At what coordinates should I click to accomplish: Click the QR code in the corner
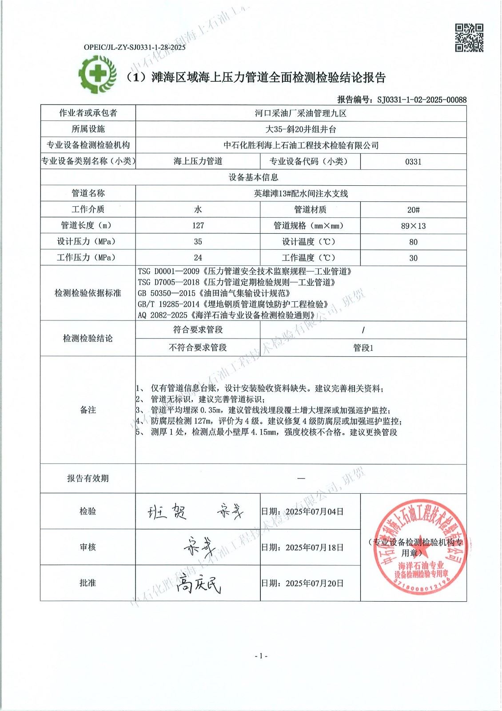469,38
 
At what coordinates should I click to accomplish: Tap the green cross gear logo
97,74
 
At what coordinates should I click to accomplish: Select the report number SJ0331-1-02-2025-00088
422,100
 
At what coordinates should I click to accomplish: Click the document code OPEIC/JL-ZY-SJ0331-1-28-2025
135,47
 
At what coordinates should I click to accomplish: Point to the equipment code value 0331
413,162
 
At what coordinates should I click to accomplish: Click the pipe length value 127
198,226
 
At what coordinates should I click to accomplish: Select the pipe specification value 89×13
413,226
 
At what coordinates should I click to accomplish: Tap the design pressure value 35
198,242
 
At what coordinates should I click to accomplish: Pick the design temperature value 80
413,242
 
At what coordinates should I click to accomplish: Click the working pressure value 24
198,258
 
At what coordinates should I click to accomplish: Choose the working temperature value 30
413,258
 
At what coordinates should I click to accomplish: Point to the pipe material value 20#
413,210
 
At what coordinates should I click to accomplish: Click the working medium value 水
198,209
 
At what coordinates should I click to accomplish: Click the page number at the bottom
261,656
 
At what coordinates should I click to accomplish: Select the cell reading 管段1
363,348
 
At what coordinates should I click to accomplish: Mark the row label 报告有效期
88,478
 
